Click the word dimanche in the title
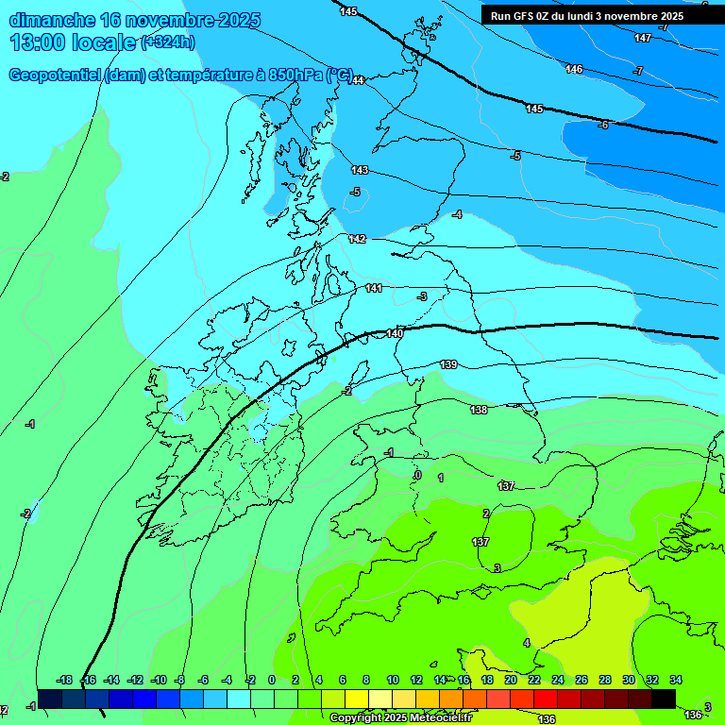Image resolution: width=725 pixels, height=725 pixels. click(x=51, y=20)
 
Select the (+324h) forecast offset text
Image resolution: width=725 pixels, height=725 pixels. click(x=168, y=42)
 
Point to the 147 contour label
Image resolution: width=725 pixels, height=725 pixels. click(x=643, y=38)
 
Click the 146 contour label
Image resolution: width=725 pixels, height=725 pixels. click(x=574, y=69)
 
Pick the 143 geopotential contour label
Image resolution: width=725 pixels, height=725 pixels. click(x=360, y=170)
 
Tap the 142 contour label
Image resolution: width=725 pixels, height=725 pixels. click(x=357, y=239)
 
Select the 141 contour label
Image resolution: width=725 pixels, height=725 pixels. click(x=374, y=288)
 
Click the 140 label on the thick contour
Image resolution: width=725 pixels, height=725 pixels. click(x=395, y=333)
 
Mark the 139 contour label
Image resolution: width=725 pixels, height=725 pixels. click(x=449, y=364)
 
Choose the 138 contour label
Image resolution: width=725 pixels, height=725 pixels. click(x=479, y=410)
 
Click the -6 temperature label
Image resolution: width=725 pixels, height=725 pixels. click(x=603, y=125)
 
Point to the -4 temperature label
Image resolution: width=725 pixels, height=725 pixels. click(x=457, y=214)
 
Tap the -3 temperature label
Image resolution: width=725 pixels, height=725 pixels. click(x=422, y=296)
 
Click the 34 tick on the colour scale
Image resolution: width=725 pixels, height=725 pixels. click(x=676, y=680)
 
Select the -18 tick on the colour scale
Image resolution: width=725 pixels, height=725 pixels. click(x=65, y=680)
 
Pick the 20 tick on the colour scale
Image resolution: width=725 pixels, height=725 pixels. click(x=511, y=680)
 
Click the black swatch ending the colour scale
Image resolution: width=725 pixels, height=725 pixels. click(x=664, y=699)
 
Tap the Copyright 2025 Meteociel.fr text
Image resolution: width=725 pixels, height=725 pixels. click(x=399, y=718)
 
